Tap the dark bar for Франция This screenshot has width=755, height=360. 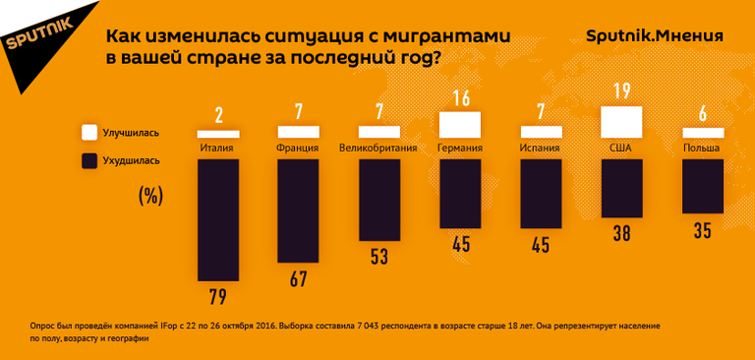tap(299, 210)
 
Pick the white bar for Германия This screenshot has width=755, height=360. tap(459, 125)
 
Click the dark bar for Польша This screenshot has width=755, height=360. tap(702, 186)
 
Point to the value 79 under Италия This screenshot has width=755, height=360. tap(218, 297)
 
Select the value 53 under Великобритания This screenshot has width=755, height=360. tap(378, 257)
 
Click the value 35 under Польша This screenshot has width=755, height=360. tap(702, 232)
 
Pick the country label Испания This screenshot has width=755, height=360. tap(540, 149)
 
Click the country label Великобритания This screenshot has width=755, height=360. tap(378, 149)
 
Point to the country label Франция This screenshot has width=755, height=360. tap(299, 149)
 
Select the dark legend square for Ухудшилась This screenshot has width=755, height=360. tap(89, 159)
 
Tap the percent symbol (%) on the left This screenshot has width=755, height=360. tap(149, 195)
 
